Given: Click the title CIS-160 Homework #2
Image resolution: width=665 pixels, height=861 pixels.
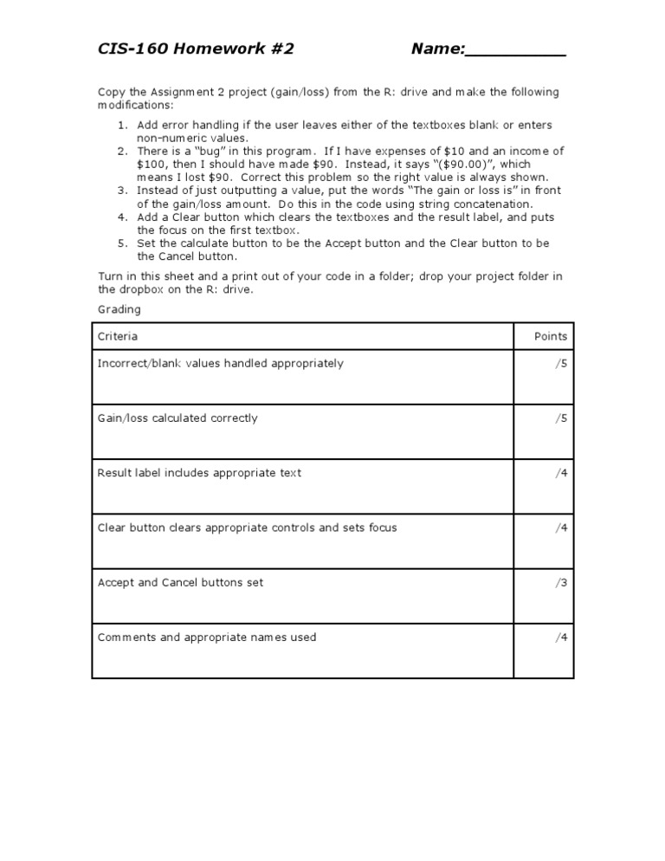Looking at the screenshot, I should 196,49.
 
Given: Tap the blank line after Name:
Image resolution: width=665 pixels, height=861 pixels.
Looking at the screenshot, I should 515,50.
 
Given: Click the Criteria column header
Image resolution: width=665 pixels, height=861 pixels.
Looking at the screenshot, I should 118,336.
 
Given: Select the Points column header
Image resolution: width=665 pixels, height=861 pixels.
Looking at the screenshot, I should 551,336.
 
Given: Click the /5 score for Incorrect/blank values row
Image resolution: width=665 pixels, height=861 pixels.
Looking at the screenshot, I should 561,364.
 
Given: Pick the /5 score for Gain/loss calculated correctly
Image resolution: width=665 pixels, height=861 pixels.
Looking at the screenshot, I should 561,418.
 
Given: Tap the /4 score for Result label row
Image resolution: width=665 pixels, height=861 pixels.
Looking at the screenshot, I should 561,473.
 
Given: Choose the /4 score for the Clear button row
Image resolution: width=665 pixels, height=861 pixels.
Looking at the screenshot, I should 561,528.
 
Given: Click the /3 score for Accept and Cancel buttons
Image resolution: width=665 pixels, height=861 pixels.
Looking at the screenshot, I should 561,583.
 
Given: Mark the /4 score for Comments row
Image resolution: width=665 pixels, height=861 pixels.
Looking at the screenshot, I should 561,638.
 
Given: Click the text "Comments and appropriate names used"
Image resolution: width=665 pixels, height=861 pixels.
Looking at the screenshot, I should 207,638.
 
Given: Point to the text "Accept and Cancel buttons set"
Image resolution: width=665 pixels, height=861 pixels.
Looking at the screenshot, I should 180,583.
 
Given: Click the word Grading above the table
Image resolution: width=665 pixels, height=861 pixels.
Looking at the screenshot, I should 119,309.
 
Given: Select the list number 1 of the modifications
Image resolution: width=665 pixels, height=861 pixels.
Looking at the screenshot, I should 122,126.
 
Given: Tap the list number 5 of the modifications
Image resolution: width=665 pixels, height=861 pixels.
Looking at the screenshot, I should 122,243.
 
